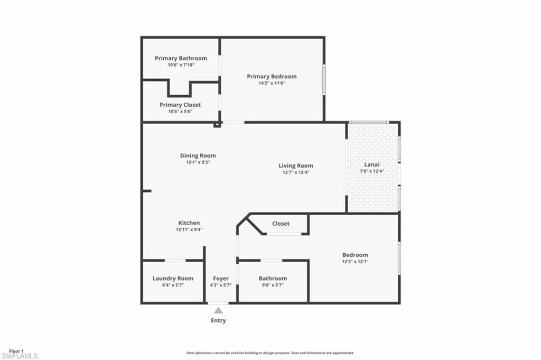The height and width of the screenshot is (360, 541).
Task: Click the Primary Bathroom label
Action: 181,58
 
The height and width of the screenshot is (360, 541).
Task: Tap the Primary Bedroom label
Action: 272,77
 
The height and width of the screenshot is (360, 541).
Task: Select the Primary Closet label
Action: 180,105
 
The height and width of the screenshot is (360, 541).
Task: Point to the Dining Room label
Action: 198,156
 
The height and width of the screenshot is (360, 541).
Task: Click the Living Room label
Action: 296,166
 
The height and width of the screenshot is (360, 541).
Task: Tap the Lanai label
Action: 372,164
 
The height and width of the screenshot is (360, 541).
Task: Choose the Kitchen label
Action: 189,223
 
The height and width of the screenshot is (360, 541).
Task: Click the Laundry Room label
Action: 173,279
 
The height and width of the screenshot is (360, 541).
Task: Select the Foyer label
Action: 221,279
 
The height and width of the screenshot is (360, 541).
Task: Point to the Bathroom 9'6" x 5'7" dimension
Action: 273,285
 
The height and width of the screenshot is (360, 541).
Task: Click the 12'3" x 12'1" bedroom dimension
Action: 355,261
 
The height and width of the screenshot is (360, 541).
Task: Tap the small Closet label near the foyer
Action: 281,224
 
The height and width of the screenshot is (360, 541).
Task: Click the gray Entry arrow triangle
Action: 218,311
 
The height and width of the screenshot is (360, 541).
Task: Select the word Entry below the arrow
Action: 218,320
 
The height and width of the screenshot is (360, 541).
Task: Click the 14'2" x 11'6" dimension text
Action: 272,83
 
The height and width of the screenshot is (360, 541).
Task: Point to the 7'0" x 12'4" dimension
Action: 372,171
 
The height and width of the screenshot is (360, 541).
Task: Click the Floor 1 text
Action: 16,351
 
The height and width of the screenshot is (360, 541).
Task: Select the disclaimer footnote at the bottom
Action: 270,353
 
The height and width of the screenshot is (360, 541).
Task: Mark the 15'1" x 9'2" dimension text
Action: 198,162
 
